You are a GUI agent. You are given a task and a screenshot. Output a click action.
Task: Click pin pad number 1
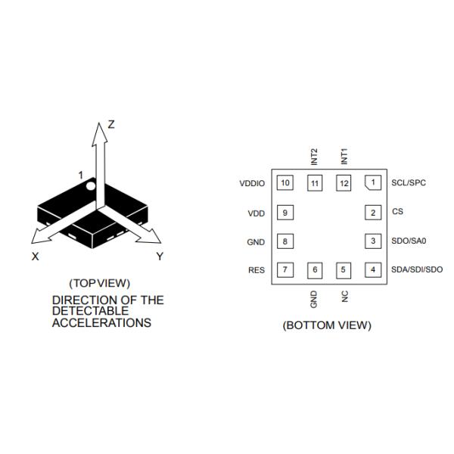372,182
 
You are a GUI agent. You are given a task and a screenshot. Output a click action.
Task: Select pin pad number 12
344,182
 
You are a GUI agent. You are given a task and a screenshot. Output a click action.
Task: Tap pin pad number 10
285,182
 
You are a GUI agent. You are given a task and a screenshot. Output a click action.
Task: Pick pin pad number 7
285,269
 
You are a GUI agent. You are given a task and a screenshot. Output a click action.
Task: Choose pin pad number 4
372,269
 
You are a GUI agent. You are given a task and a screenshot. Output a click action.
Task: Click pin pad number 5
344,269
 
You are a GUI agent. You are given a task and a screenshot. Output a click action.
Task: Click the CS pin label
398,212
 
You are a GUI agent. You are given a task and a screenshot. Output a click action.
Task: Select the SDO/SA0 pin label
409,241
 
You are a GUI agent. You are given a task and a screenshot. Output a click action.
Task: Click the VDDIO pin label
252,183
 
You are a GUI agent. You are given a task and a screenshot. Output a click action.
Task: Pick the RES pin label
257,270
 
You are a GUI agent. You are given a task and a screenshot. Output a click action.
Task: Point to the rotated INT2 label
315,156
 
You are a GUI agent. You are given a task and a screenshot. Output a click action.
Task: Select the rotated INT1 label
344,156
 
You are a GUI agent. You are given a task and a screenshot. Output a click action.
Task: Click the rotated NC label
344,296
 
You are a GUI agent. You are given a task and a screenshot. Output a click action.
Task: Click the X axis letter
35,257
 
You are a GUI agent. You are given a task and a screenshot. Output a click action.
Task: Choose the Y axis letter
160,257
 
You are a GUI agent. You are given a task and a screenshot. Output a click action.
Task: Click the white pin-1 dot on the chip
90,185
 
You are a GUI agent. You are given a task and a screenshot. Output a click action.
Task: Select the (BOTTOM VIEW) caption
327,326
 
